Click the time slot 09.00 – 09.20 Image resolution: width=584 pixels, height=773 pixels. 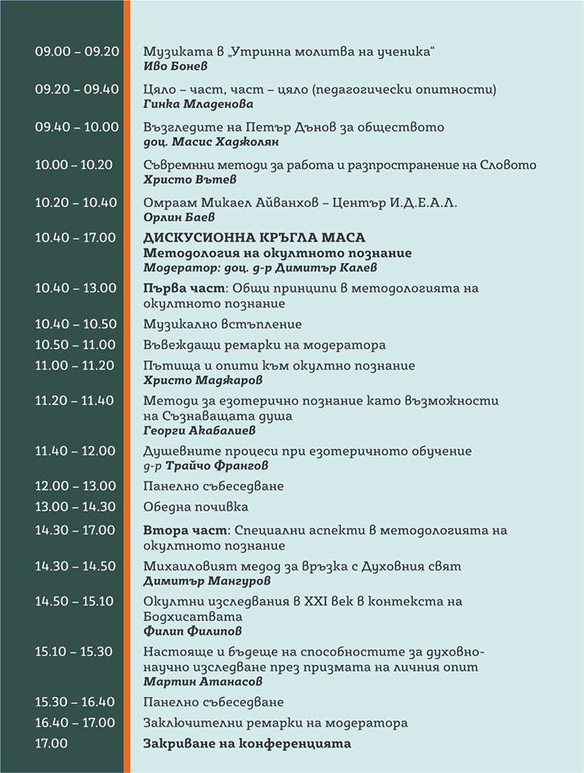tap(77, 51)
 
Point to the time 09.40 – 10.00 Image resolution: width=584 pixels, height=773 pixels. tap(77, 127)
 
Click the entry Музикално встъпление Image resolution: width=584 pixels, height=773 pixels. tap(222, 324)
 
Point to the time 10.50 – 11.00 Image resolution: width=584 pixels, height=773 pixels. tap(77, 345)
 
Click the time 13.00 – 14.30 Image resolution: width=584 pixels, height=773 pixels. tap(77, 506)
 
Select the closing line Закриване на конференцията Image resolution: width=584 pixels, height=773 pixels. tap(247, 743)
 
